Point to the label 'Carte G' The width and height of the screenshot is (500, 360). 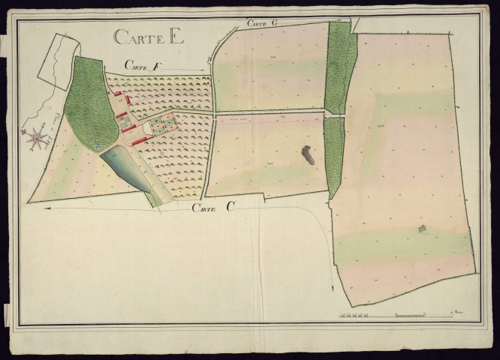coord(264,23)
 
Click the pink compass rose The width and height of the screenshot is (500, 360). coord(35,136)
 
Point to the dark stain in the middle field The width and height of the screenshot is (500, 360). coord(308,155)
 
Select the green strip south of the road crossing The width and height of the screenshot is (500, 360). coord(334,157)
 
